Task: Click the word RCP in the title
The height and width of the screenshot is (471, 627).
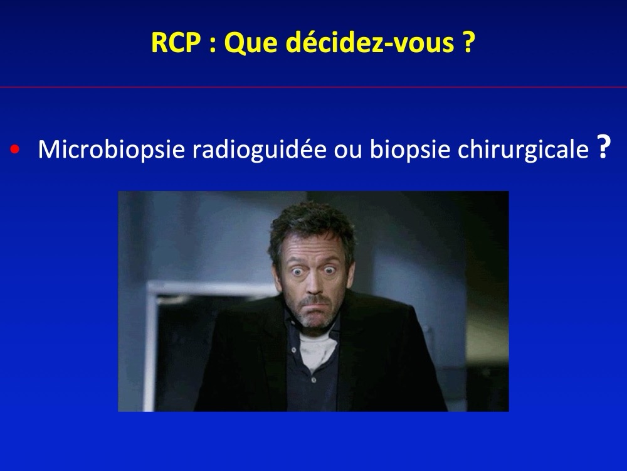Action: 176,43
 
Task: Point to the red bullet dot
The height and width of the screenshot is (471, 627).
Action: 15,150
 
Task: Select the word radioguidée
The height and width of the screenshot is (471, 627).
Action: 259,149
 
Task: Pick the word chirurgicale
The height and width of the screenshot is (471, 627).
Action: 523,149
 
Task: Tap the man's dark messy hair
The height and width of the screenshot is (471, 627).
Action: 312,229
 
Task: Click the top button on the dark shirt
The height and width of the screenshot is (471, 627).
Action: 294,350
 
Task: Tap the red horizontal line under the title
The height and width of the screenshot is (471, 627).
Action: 313,87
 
